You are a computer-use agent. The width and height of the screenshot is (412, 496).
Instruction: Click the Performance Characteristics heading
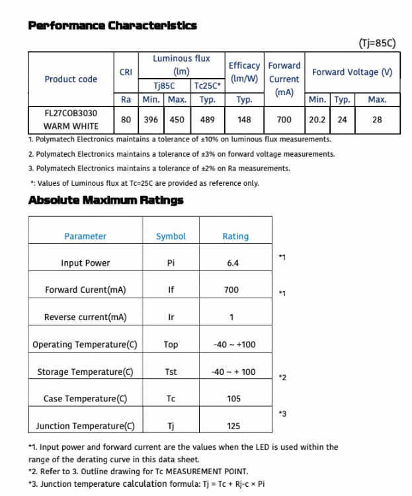[x=112, y=26]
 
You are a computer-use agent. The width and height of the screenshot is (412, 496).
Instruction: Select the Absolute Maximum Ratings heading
[x=106, y=200]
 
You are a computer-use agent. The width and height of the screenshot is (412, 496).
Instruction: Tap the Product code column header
[x=71, y=79]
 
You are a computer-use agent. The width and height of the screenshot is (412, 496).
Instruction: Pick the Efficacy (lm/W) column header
[x=244, y=72]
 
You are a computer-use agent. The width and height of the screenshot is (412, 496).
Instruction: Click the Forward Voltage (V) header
[x=352, y=72]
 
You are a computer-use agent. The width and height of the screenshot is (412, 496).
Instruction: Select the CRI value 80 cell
[x=126, y=120]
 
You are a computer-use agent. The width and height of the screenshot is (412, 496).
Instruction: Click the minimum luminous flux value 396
[x=151, y=120]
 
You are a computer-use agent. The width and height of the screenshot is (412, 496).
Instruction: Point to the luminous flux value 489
[x=208, y=120]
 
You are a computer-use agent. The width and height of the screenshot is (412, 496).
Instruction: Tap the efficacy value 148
[x=244, y=120]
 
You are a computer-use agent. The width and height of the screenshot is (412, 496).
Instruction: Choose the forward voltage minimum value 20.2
[x=317, y=120]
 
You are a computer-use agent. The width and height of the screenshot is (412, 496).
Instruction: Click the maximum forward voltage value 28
[x=377, y=120]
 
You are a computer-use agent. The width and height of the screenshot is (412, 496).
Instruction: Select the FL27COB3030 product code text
[x=71, y=113]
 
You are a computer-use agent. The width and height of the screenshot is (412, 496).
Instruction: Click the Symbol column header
[x=171, y=236]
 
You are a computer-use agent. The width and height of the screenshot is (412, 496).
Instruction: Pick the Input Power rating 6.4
[x=233, y=263]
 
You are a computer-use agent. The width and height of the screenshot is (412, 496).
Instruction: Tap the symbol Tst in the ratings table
[x=171, y=372]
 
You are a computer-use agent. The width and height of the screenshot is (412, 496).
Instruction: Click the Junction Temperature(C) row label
[x=85, y=426]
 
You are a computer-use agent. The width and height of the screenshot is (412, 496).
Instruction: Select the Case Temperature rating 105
[x=233, y=399]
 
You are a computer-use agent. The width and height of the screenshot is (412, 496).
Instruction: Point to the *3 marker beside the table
[x=282, y=414]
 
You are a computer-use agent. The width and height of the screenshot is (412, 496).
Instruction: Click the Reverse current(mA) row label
[x=85, y=317]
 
